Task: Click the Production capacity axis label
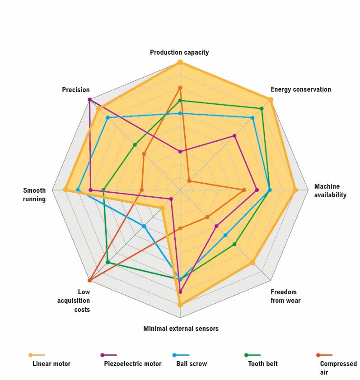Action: click(179, 52)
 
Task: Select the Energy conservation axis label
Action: click(300, 89)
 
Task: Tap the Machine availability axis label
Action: click(330, 190)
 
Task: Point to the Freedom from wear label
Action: click(285, 296)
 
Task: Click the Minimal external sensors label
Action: click(181, 329)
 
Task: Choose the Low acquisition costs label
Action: click(74, 301)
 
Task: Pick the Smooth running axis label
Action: click(34, 195)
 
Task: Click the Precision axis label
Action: click(76, 90)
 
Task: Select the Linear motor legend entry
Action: click(51, 364)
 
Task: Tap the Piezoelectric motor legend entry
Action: click(132, 364)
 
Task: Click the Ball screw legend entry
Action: click(191, 364)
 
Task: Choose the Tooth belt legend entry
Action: click(262, 364)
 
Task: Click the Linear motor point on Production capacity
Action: click(180, 62)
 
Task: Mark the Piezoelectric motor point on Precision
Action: click(89, 99)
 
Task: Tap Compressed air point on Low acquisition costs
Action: click(89, 280)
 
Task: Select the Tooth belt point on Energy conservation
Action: click(262, 108)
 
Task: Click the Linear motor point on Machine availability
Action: click(295, 190)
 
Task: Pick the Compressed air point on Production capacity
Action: click(180, 88)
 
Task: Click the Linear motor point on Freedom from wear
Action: click(252, 262)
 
